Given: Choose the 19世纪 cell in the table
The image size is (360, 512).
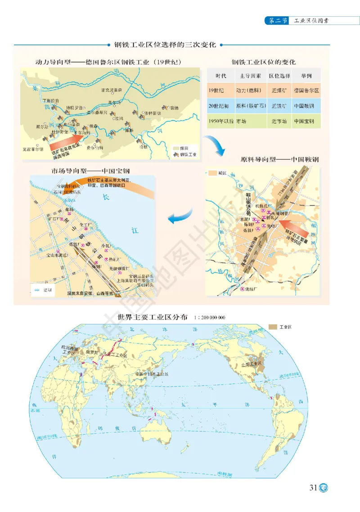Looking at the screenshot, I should (216, 90).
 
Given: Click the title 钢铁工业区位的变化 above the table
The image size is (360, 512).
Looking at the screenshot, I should (264, 62).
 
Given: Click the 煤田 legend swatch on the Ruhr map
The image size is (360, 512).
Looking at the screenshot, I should (176, 147).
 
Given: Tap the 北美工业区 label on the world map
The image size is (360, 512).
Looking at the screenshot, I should (252, 362).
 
